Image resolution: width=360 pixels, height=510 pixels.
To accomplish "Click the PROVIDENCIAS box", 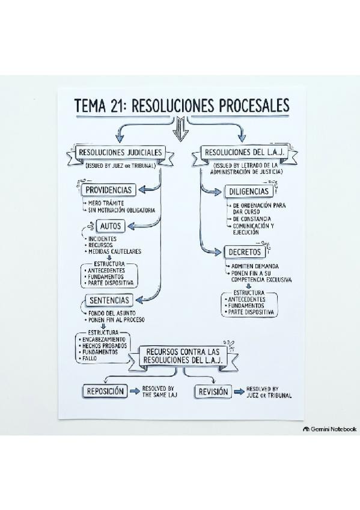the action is (x=108, y=189).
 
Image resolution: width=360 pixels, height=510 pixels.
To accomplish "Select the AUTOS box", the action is (x=111, y=226).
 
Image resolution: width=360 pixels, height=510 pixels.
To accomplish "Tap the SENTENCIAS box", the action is (x=109, y=300).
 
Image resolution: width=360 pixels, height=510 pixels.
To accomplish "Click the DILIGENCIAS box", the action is (x=249, y=192).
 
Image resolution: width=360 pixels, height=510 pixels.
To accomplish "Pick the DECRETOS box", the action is (x=245, y=252).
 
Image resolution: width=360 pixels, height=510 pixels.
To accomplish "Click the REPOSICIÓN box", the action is (x=105, y=392).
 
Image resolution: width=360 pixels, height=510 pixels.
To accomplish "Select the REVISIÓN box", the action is (x=213, y=392).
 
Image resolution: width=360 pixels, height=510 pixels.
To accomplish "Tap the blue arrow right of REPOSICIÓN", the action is (x=135, y=392).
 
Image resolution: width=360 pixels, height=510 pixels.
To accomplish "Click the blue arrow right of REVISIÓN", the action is (x=239, y=392).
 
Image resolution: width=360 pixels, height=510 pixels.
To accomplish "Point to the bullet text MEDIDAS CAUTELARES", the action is (x=115, y=251).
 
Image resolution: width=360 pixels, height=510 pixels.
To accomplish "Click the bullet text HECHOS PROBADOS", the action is (x=105, y=346).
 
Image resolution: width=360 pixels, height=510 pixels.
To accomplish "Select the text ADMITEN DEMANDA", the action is (x=255, y=266).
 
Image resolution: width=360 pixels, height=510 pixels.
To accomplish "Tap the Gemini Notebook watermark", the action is (x=329, y=429).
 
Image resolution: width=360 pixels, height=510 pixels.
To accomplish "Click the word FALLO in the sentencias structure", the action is (x=90, y=358).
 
